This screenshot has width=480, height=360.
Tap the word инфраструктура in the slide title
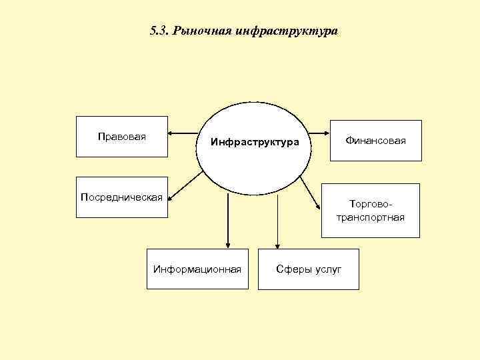(287, 32)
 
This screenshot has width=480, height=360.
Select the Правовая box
(122, 137)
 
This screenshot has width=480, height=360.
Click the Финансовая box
(375, 141)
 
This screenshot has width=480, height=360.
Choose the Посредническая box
(121, 197)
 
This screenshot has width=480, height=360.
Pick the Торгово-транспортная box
(370, 211)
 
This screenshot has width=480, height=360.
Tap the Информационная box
(197, 269)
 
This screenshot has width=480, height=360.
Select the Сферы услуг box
(308, 269)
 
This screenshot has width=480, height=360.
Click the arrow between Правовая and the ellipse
(181, 131)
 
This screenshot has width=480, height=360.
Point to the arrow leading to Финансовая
(320, 131)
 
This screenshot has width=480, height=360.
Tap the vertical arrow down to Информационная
(228, 220)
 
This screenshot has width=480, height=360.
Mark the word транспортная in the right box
(371, 217)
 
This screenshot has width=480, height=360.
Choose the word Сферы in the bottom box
(292, 269)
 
